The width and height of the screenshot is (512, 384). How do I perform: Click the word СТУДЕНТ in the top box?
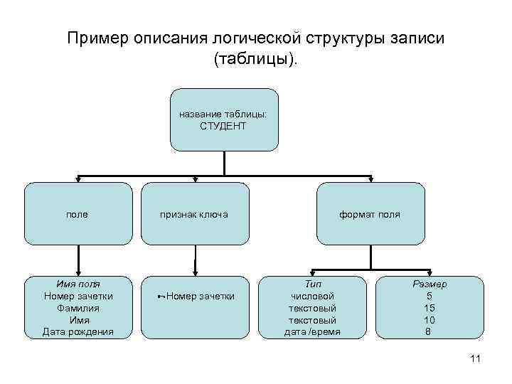coord(223,126)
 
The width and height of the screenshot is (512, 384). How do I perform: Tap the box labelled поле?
coord(78,213)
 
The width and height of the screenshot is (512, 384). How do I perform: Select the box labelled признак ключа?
coord(194,213)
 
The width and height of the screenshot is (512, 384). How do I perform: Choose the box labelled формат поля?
coord(370,213)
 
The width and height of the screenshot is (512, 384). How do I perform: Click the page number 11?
coord(476,360)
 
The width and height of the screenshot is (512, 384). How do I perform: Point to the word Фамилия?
coord(78,308)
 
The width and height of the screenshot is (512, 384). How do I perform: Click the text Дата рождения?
coord(78,332)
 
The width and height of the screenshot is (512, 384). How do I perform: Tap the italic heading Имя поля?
coord(78,284)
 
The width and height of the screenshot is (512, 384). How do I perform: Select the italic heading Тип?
coord(313,284)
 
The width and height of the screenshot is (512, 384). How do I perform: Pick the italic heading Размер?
coord(429,284)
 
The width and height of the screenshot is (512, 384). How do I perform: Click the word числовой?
coord(313,296)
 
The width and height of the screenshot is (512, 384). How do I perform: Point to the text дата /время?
coord(313,332)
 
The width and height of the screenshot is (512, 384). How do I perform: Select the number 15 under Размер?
coord(429,308)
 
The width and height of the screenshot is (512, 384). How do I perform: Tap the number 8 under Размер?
coord(429,332)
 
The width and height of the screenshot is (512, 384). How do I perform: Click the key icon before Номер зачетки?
coord(161,297)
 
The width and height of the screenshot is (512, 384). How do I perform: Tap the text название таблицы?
coord(223,113)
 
